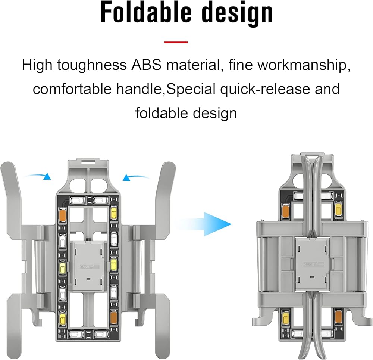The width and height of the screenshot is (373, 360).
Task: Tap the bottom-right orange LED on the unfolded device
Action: (x=113, y=316)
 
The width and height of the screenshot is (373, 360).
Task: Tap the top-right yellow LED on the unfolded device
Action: (x=113, y=214)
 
